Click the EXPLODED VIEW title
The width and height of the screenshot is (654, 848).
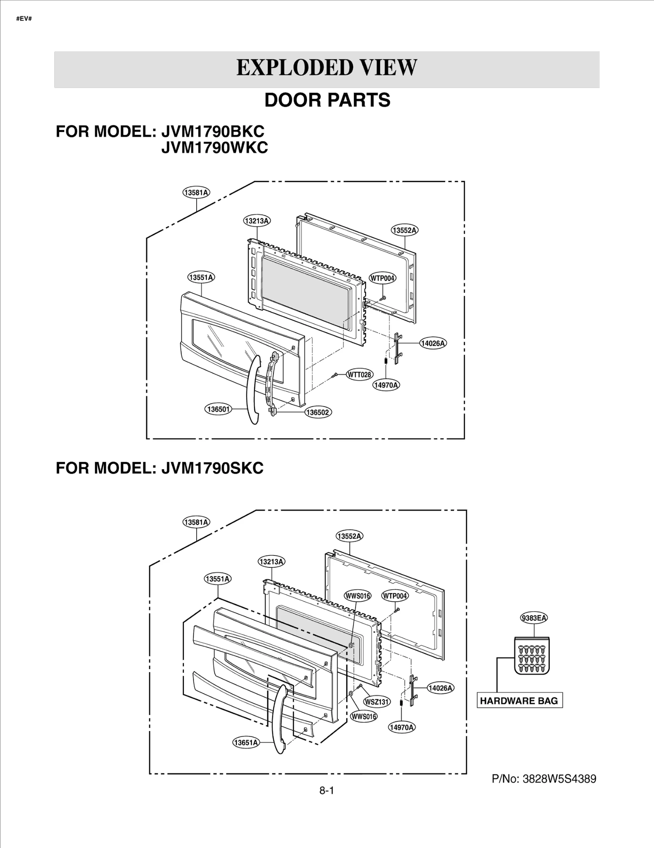point(327,68)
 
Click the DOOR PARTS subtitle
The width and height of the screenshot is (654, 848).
point(327,100)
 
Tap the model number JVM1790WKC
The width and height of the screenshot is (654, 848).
point(214,148)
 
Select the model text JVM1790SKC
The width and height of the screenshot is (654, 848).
point(212,468)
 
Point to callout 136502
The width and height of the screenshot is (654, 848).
point(318,412)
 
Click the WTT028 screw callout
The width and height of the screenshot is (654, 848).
point(360,374)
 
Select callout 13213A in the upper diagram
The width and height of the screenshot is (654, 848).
point(257,221)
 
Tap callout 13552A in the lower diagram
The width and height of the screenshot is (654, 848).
point(349,536)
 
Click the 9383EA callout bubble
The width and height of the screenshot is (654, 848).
point(534,618)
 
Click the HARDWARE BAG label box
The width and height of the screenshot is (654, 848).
point(519,701)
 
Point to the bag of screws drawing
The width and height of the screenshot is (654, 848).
point(531,656)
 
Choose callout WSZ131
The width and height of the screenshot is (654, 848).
point(377,702)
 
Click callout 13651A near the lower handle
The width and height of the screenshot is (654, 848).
point(246,742)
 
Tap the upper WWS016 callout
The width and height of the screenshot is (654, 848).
point(358,596)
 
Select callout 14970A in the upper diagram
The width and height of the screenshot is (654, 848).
point(386,385)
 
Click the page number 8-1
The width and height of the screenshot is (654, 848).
point(327,791)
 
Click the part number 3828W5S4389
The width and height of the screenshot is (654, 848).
point(544,779)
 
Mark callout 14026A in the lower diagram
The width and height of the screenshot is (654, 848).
point(440,688)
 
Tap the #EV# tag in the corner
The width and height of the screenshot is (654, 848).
point(24,19)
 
